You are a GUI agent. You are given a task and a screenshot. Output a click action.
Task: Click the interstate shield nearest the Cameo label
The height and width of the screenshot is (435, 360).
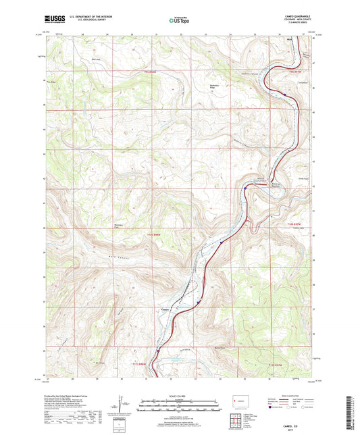[x=197, y=303]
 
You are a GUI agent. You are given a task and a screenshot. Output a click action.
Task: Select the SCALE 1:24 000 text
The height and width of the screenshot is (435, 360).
[x=180, y=396]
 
